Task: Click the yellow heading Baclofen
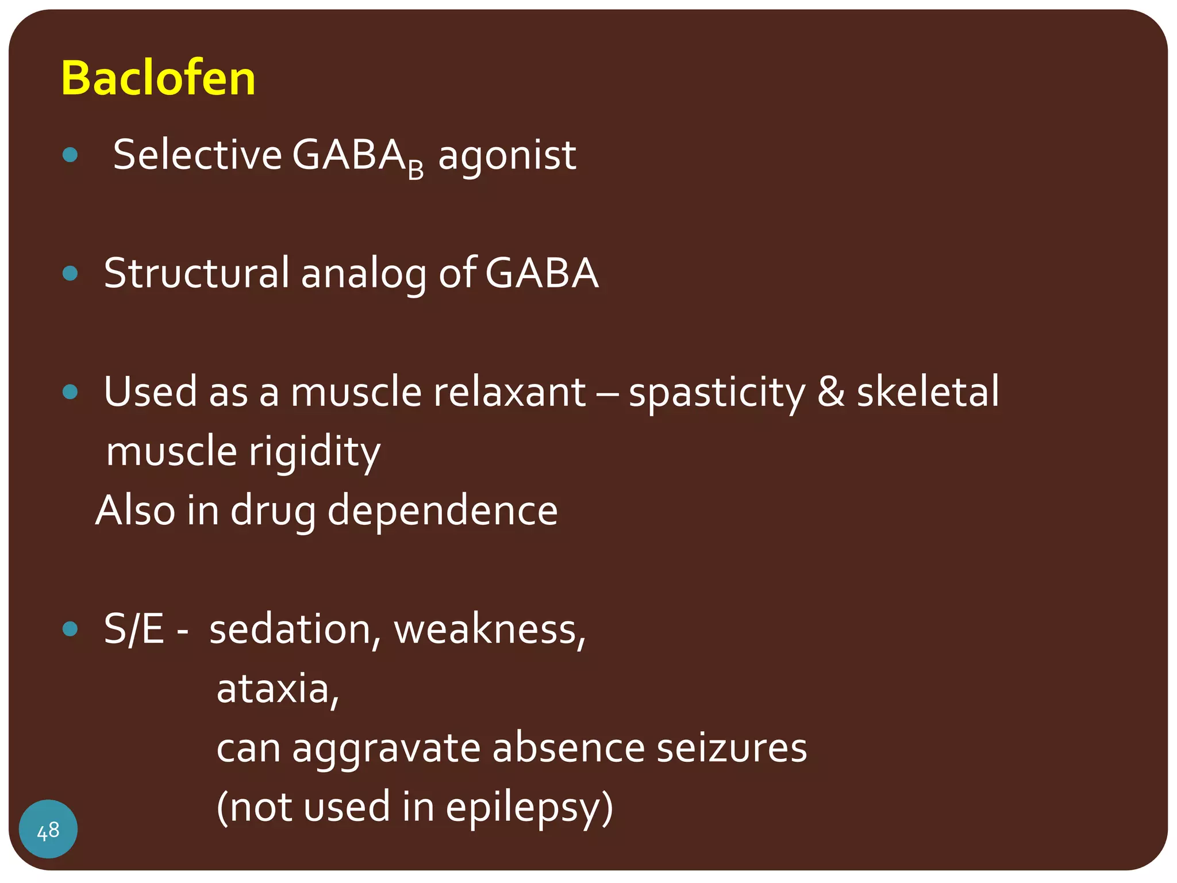pos(158,78)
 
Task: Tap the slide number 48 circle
pos(48,829)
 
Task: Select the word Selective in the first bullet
pos(197,155)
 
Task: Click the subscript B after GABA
pos(416,170)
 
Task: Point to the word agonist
pos(507,156)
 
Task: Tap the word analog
pos(364,275)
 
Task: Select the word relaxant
pos(509,392)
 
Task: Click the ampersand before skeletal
pos(831,392)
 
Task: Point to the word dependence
pos(442,510)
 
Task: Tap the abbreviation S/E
pos(134,629)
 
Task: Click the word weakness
pos(489,630)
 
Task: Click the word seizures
pos(732,748)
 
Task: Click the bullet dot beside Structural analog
pos(70,273)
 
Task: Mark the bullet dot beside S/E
pos(70,629)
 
